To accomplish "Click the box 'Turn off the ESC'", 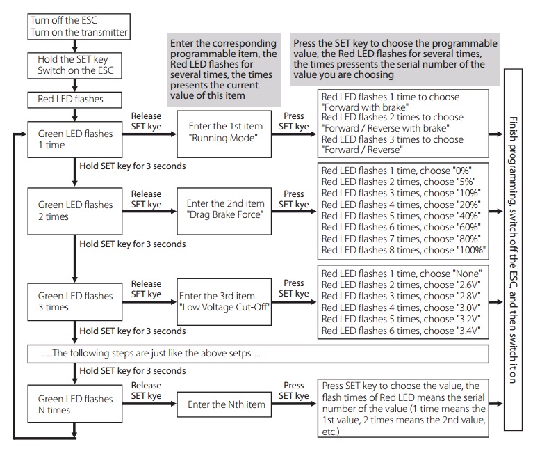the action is [x=79, y=26].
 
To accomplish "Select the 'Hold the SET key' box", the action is [x=75, y=65].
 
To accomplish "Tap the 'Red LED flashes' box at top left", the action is [x=75, y=100].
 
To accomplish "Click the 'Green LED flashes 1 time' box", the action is [x=75, y=139].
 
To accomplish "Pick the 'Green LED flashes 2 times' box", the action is [x=75, y=211].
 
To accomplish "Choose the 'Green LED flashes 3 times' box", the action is [x=75, y=302].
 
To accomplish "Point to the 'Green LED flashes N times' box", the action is [x=75, y=404].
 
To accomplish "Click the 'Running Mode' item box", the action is [x=224, y=134].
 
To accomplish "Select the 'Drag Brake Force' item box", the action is [x=224, y=211].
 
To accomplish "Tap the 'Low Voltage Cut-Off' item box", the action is [x=224, y=302].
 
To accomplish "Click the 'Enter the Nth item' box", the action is [x=224, y=404].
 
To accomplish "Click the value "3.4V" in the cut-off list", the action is [x=468, y=331].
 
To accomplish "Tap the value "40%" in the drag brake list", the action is [x=468, y=216].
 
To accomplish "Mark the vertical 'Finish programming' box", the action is [x=513, y=250].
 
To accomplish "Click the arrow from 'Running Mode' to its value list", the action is [x=294, y=134].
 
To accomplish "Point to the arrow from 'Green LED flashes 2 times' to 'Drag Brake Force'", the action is [x=149, y=212].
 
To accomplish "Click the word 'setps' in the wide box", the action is [x=240, y=354].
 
